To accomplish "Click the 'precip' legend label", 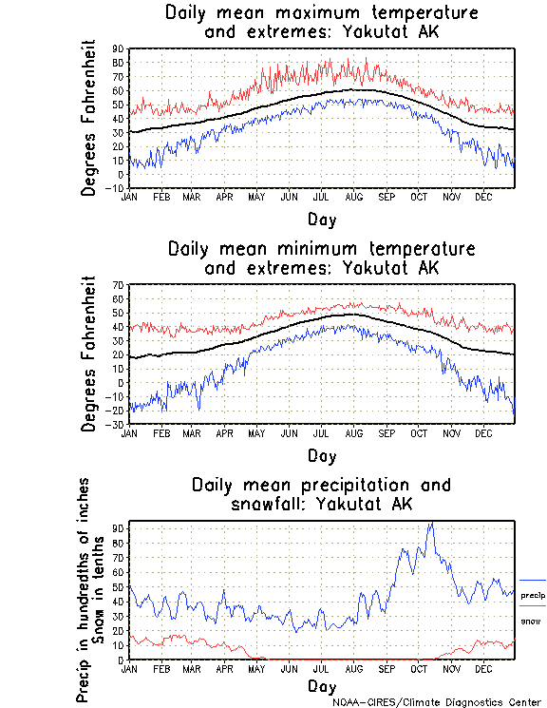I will tap(532, 594).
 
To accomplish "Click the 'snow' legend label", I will tap(530, 621).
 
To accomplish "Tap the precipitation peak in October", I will tap(431, 524).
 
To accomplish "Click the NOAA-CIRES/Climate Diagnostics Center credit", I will tap(437, 702).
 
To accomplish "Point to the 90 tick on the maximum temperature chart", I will tap(118, 49).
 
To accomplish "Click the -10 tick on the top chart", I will tap(116, 188).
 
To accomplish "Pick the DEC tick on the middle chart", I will tap(482, 432).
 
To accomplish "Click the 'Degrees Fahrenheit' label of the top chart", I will tap(89, 118).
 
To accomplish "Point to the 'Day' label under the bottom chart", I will tap(321, 684).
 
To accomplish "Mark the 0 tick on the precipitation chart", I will tap(121, 660).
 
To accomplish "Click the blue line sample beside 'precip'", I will tap(532, 580).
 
